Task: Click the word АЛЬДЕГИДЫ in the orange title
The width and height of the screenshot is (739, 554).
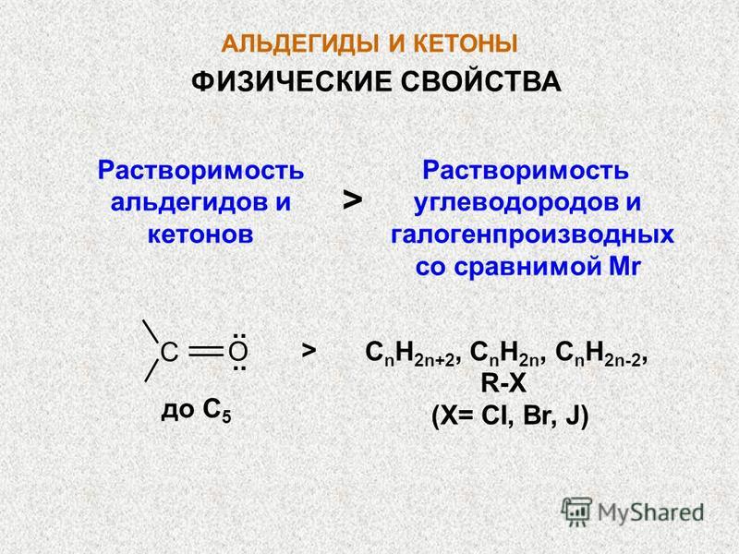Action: coord(299,44)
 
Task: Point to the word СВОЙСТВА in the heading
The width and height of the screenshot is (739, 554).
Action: coord(480,81)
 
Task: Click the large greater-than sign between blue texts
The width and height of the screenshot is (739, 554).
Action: coord(353,200)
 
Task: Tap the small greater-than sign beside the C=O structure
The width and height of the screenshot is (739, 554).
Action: coord(309,350)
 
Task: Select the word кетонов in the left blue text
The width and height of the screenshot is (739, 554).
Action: coord(200,235)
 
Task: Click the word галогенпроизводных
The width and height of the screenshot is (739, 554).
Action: coord(533,235)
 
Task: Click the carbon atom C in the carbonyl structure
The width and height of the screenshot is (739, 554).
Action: coord(169,352)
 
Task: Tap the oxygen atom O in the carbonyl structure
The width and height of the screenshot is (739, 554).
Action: coord(238,352)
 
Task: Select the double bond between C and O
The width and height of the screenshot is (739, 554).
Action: coord(205,351)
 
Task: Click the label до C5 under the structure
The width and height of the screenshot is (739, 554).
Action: coord(196,411)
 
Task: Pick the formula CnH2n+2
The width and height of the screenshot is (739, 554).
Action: coord(409,354)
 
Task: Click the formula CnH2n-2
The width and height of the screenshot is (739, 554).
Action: coord(598,354)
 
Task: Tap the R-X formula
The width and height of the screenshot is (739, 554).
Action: coord(503,383)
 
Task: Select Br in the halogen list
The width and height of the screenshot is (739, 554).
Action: coord(537,416)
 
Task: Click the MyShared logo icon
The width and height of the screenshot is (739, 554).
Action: coord(576,512)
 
